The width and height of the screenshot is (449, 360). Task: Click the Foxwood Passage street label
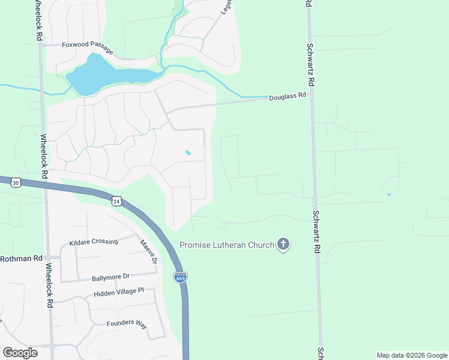click(88, 44)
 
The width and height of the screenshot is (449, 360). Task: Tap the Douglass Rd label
click(287, 95)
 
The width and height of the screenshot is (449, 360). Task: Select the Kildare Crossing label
click(93, 242)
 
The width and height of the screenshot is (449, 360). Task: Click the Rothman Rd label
click(21, 259)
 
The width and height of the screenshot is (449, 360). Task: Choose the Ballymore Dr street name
click(110, 278)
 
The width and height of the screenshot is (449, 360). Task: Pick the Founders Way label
click(127, 324)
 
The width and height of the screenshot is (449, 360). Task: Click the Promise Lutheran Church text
click(227, 245)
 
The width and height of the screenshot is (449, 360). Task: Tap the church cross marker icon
click(283, 245)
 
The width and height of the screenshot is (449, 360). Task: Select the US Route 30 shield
click(16, 181)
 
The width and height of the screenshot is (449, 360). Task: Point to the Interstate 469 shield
click(179, 277)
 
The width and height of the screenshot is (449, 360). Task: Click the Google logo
click(20, 353)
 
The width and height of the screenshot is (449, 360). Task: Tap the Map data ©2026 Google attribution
click(412, 355)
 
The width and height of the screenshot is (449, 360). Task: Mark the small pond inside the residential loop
click(188, 152)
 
